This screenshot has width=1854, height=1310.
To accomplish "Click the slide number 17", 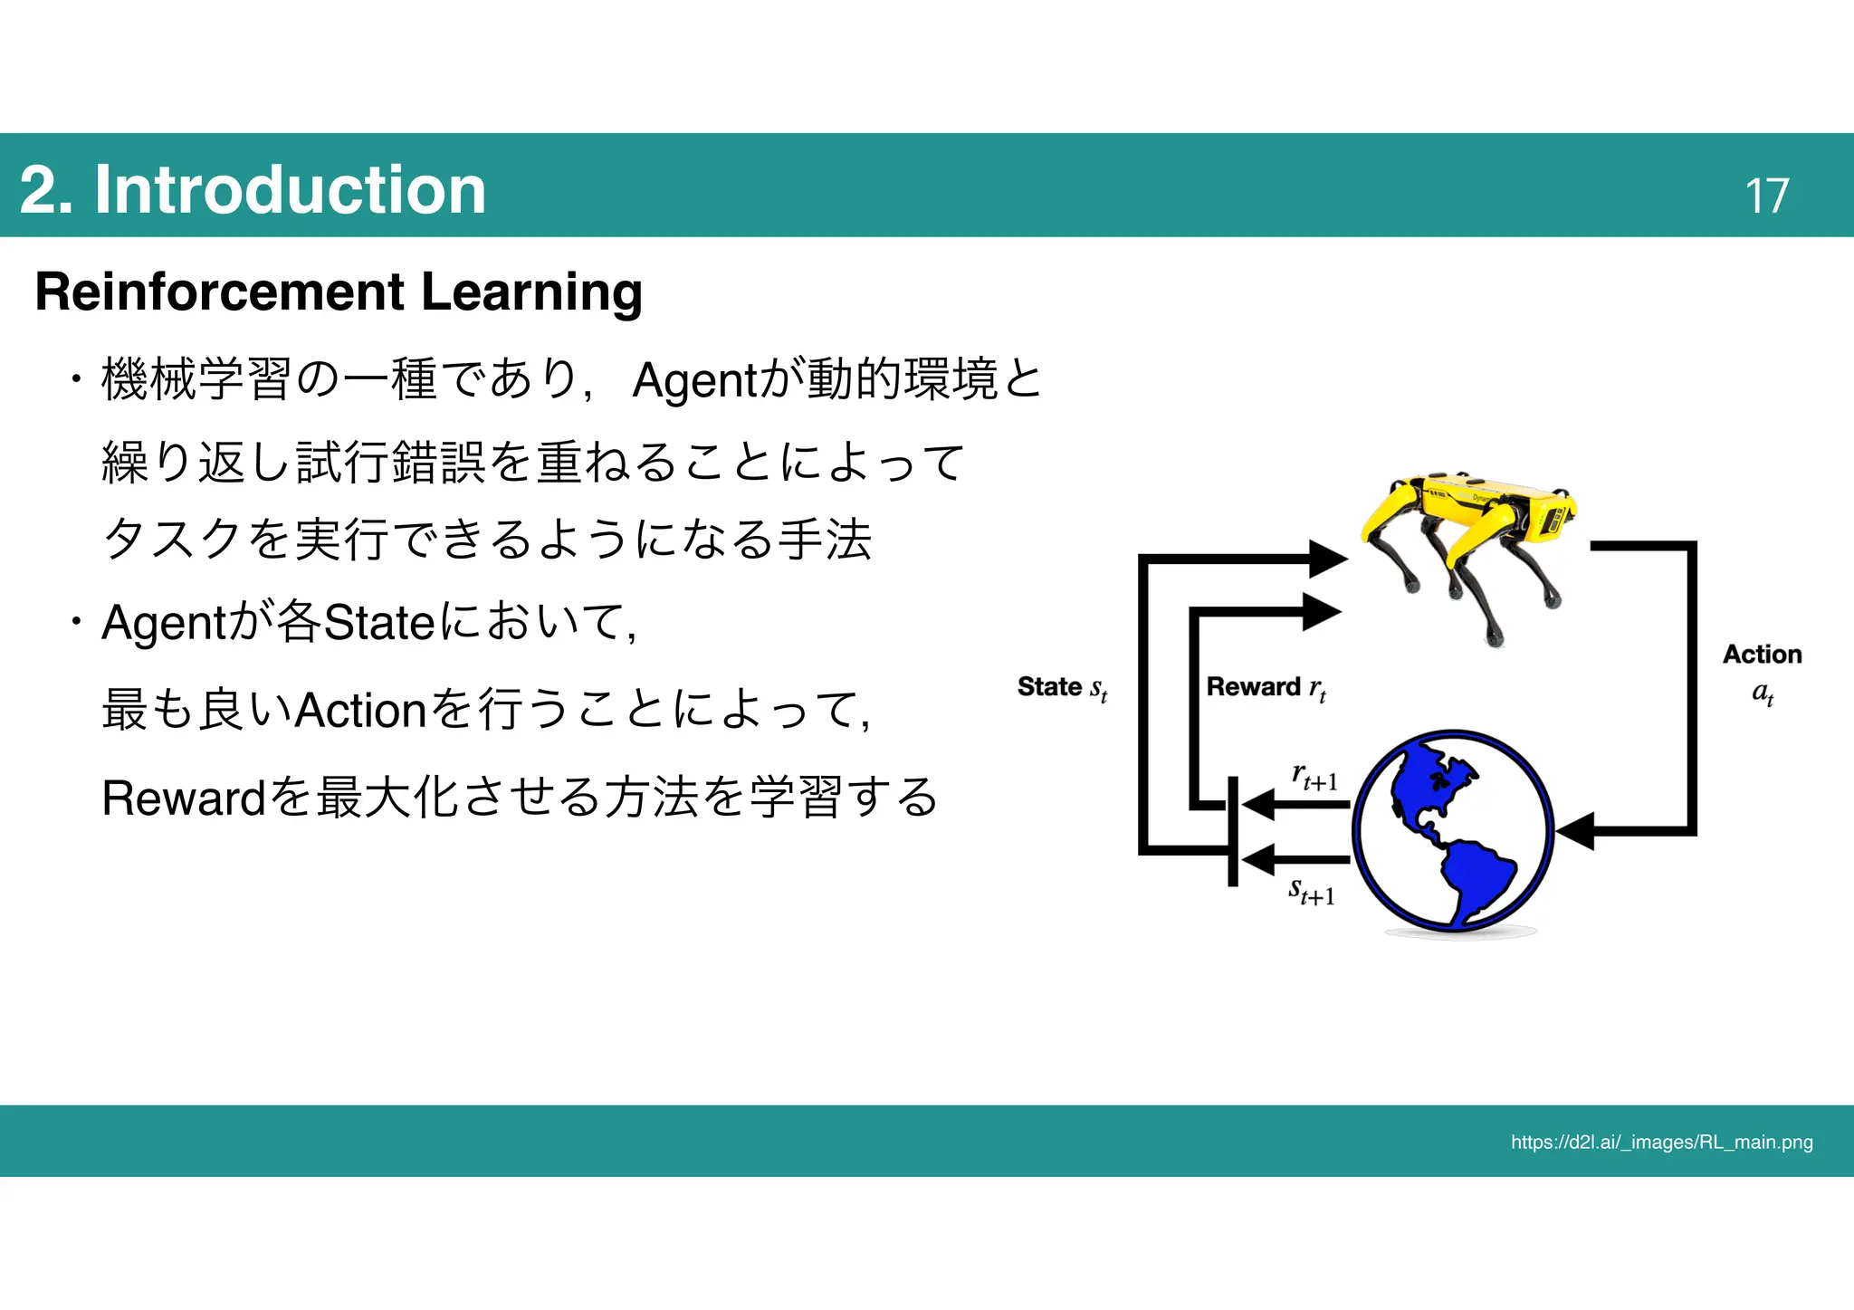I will [x=1766, y=195].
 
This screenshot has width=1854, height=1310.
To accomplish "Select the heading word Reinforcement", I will [x=220, y=292].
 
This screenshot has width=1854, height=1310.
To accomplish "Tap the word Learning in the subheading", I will [x=531, y=292].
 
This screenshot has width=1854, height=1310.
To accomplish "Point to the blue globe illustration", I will [x=1453, y=831].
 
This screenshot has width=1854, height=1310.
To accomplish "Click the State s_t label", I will [x=1062, y=688].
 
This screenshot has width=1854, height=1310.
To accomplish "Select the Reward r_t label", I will [x=1266, y=688].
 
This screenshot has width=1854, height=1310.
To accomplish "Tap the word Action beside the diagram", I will [x=1762, y=655].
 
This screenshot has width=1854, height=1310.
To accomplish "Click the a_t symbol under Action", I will [x=1762, y=694].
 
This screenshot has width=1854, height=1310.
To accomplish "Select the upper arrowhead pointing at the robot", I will [x=1327, y=559].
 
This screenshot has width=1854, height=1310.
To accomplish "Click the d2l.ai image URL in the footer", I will [x=1661, y=1142].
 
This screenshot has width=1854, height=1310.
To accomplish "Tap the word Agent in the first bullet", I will [x=693, y=379].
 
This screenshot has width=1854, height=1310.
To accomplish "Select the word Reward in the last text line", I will [x=184, y=798].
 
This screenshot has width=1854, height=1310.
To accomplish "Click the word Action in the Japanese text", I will [x=361, y=710].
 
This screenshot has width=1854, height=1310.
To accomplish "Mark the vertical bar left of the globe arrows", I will [x=1232, y=831].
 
